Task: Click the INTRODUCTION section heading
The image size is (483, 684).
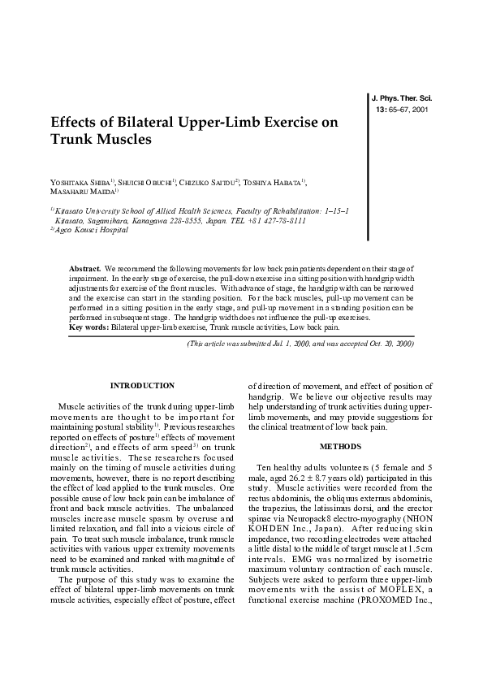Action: coord(142,385)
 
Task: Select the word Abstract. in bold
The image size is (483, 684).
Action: coord(85,267)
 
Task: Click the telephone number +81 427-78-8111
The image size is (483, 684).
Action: coord(278,220)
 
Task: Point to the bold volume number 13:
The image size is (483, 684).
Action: coord(382,109)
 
